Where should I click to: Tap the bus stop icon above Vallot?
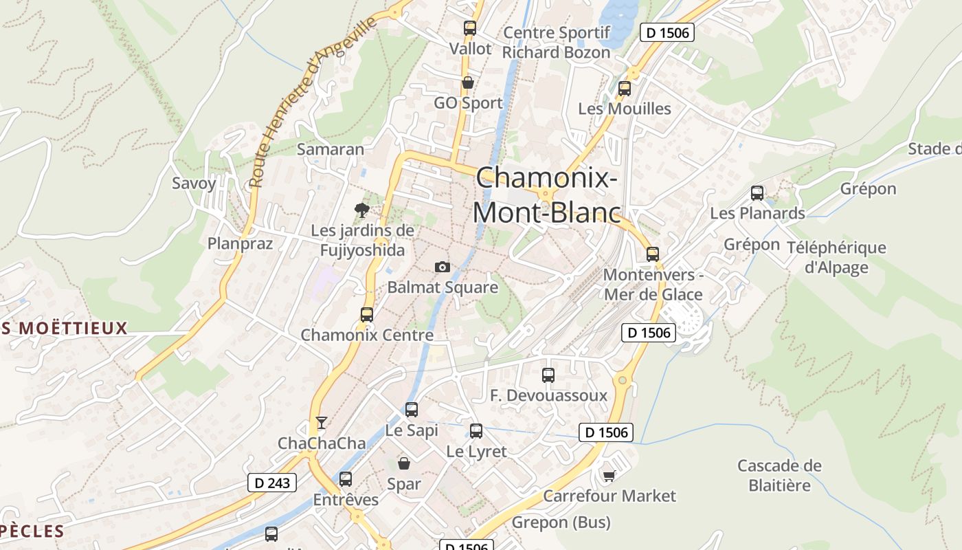[x=470, y=28]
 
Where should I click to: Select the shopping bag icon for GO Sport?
[x=468, y=83]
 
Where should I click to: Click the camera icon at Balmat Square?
[x=443, y=267]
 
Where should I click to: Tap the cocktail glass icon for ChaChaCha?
[x=321, y=422]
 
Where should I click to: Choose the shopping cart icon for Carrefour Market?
[x=609, y=475]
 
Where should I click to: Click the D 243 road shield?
[x=272, y=483]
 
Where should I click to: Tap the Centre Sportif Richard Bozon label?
[x=557, y=43]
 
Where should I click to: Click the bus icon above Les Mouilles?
[x=624, y=89]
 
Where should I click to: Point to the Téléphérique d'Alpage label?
[x=836, y=257]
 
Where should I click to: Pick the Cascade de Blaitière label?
[x=779, y=475]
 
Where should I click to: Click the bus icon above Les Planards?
[x=757, y=193]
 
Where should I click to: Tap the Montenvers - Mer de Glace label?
[x=653, y=285]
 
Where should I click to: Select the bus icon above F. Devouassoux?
[x=548, y=375]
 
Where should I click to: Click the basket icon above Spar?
[x=404, y=463]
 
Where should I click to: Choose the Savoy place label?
[x=194, y=184]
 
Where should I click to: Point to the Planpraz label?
[x=240, y=243]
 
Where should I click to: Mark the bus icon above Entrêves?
[x=346, y=479]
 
